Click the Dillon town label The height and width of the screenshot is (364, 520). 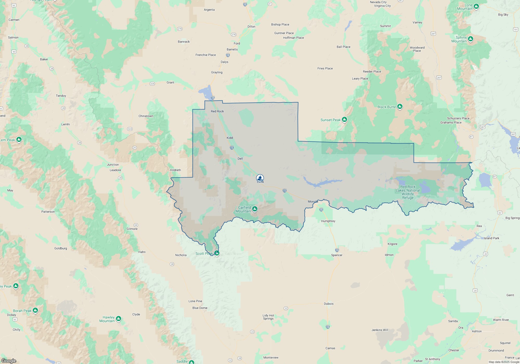(x=251, y=27)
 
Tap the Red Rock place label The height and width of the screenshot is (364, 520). (x=217, y=111)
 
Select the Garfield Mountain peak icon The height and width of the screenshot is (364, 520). (x=255, y=209)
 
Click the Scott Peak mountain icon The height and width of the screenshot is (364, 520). (x=217, y=253)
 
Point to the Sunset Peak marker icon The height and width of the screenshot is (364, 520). (x=344, y=119)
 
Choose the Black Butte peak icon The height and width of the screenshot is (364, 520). (x=400, y=106)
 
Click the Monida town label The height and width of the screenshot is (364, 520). (x=313, y=201)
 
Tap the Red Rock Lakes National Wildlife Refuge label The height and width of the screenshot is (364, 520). (x=408, y=192)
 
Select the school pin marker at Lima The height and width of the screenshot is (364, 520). (x=260, y=178)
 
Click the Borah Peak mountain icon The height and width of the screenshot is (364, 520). (x=35, y=310)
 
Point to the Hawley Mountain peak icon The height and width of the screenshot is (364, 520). (x=119, y=318)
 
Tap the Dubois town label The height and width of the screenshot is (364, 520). (x=329, y=304)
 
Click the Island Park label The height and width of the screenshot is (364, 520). (x=491, y=238)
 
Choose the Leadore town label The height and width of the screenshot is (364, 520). (x=115, y=170)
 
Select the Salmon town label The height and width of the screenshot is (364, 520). (x=13, y=37)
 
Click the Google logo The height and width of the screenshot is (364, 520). (x=9, y=361)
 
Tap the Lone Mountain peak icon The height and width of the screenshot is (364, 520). (x=476, y=6)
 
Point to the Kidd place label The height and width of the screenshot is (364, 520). (x=230, y=138)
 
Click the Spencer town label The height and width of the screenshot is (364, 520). (x=337, y=255)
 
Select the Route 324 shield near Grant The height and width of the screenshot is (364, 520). (x=152, y=84)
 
